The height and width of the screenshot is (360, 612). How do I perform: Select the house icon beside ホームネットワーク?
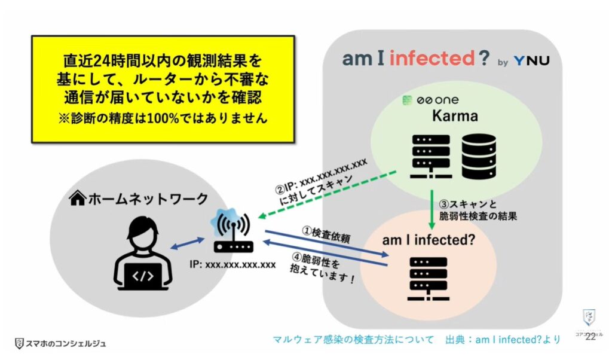point(78,198)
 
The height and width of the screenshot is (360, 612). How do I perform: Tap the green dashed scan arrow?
point(326,194)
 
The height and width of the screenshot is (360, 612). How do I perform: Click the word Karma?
point(456,116)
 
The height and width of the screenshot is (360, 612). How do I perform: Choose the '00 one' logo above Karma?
point(430,100)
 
